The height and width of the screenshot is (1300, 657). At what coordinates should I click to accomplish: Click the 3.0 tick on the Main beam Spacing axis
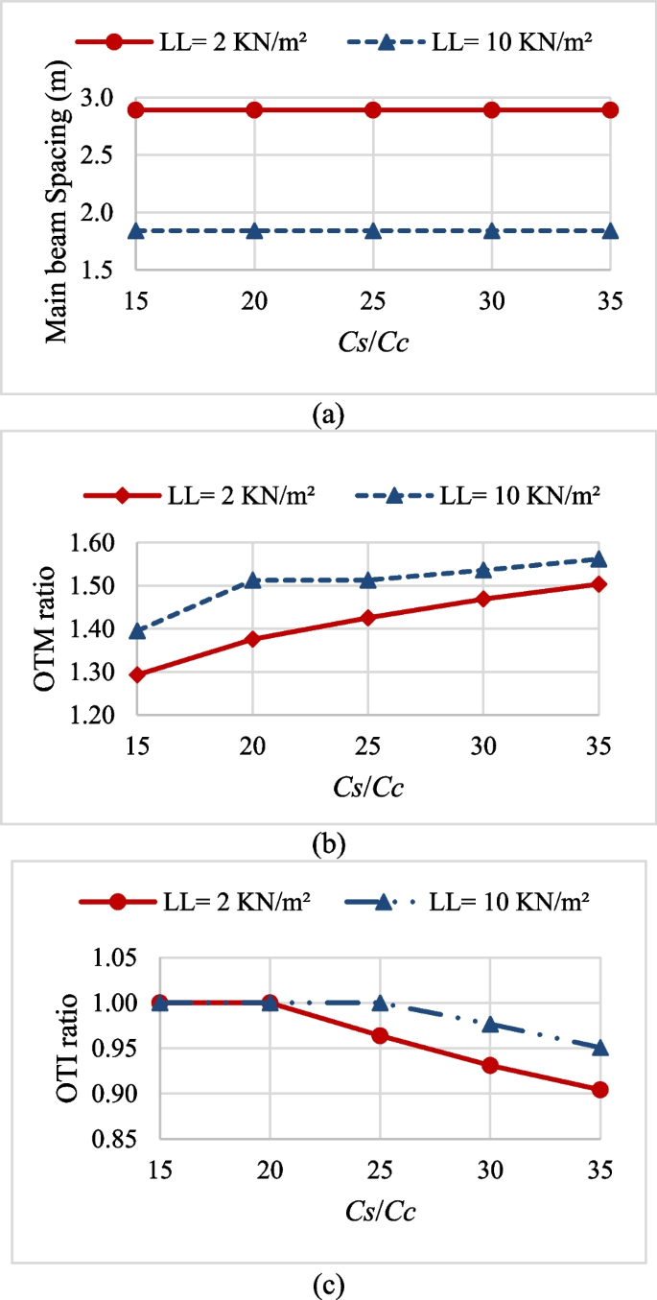[99, 98]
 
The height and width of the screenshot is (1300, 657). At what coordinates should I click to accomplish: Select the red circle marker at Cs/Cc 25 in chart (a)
[373, 109]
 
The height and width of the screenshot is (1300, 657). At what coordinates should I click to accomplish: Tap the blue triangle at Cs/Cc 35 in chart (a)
[610, 231]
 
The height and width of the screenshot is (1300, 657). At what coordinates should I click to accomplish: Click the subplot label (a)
[328, 414]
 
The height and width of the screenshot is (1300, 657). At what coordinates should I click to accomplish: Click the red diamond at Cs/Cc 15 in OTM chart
[137, 674]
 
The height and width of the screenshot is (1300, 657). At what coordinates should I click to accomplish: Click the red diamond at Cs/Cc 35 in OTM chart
[598, 583]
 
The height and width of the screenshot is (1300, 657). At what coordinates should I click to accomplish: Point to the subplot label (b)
[328, 845]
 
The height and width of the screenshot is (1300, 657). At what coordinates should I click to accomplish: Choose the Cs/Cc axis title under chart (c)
[382, 1212]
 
